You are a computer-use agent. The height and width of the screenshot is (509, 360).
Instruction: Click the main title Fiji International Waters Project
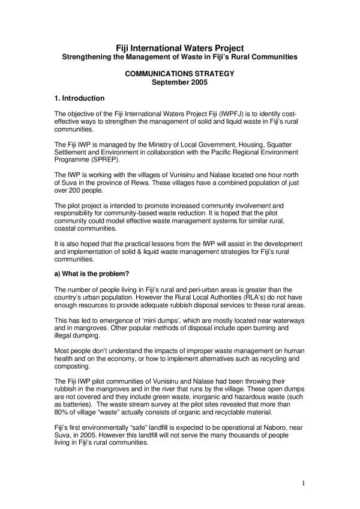(x=180, y=47)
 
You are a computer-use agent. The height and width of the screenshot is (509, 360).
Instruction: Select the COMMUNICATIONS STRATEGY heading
(x=180, y=74)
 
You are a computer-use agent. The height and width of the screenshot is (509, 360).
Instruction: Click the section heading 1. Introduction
(x=79, y=98)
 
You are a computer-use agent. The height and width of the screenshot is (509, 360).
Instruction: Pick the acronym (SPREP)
(x=103, y=159)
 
